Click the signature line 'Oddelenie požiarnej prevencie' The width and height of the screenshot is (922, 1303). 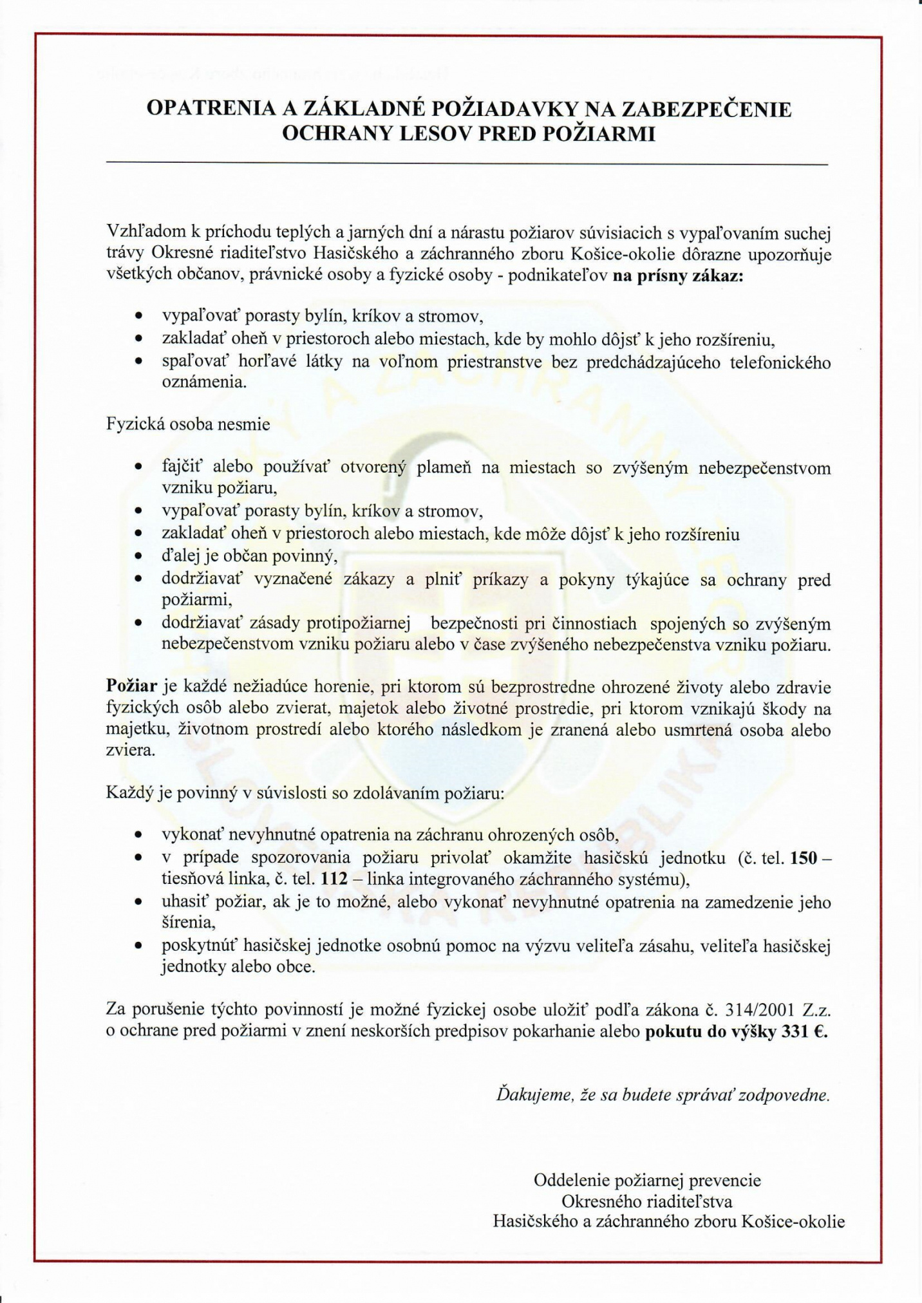pos(647,1180)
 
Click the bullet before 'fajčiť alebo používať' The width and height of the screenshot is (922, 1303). pos(138,468)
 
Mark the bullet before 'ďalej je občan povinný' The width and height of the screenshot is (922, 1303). pos(138,556)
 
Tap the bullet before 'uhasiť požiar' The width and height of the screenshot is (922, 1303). pos(138,903)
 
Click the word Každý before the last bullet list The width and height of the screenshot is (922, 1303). pos(129,792)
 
